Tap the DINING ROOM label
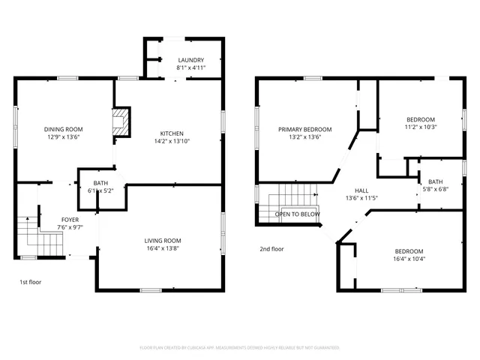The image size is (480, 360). pos(64,129)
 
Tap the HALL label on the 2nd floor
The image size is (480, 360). pos(361,190)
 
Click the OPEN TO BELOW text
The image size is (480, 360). pos(298,214)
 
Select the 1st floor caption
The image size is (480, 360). pos(30,282)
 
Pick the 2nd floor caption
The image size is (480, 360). pos(272,248)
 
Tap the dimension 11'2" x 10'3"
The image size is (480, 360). pos(421,127)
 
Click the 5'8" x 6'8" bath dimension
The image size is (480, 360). pos(435,189)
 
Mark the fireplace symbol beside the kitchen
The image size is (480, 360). pos(120,122)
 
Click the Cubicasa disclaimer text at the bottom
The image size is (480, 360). pos(240,347)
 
